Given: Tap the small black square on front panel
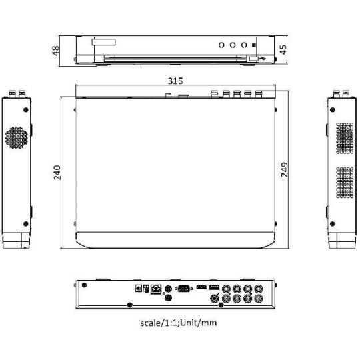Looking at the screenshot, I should click(x=256, y=45).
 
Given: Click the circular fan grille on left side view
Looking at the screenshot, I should click(x=18, y=138).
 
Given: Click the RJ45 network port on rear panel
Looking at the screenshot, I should click(x=155, y=289).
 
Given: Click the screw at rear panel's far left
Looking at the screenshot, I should click(x=85, y=283).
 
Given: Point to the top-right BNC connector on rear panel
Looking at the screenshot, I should click(x=259, y=289).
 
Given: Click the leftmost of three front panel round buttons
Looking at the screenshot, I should click(x=221, y=45).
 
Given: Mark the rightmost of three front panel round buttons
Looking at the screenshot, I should click(x=245, y=45).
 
